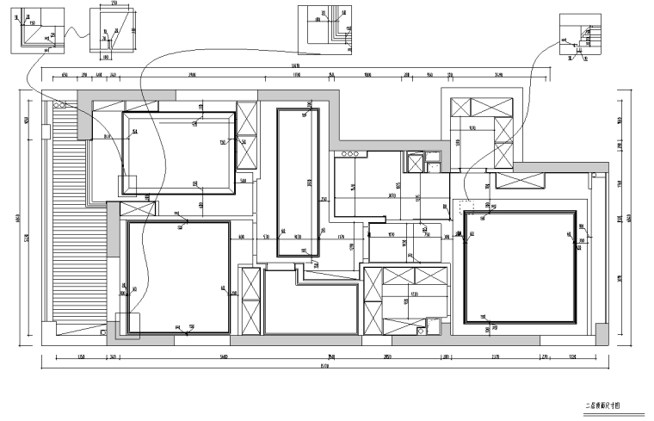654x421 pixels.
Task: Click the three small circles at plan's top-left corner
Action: tap(59, 102)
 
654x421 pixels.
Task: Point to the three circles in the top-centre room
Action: tap(351, 153)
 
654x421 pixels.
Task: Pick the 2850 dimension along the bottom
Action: tap(387, 356)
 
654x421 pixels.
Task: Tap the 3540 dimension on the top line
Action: tap(498, 75)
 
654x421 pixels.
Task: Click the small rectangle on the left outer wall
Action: tap(83, 126)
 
